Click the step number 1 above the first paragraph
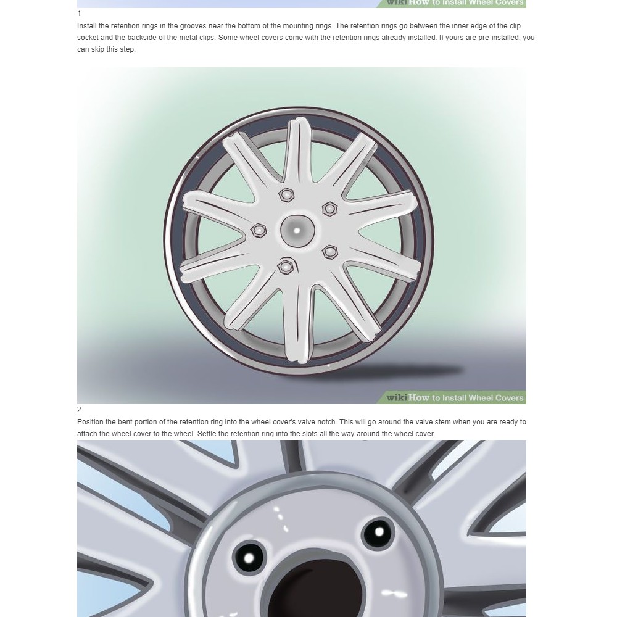[79, 14]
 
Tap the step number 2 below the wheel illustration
[79, 410]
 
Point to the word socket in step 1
[88, 38]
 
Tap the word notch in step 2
[326, 422]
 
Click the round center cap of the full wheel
[297, 230]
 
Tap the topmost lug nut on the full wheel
[286, 195]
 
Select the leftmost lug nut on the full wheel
[259, 230]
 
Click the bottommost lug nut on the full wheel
[286, 267]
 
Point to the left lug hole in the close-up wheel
[249, 558]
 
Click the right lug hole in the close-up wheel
[379, 533]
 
